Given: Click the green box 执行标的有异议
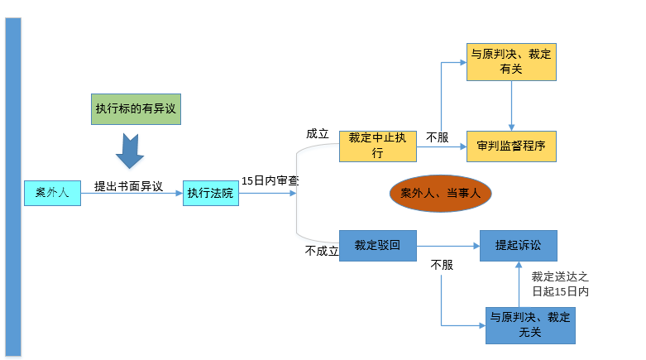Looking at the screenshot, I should [x=136, y=108].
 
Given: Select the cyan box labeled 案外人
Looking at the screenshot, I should [x=52, y=193].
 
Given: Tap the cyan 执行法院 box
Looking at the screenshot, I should [x=210, y=193].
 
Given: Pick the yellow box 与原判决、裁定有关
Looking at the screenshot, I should [x=510, y=62].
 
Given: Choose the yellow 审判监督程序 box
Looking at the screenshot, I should [x=510, y=146].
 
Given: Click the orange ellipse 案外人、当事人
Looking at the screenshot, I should [x=440, y=193].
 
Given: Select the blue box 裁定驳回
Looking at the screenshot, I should [x=377, y=245].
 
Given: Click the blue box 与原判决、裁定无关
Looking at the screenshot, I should [x=529, y=324].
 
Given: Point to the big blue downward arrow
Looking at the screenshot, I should [x=129, y=149].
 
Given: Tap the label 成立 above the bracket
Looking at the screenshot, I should [x=318, y=133].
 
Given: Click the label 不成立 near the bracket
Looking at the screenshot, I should [x=322, y=251].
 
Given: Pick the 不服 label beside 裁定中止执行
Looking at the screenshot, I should [x=438, y=137].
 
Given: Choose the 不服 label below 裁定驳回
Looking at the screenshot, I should [x=442, y=265].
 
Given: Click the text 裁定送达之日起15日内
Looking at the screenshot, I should [x=560, y=284].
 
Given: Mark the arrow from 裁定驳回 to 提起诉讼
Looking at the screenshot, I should [x=447, y=245].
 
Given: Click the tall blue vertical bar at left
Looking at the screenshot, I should [x=12, y=186].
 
